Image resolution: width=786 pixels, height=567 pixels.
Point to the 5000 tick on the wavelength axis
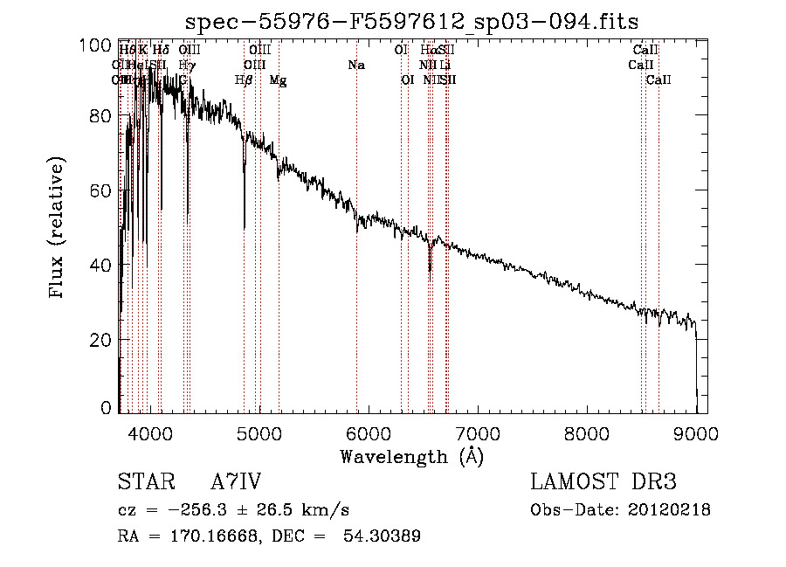point(259,432)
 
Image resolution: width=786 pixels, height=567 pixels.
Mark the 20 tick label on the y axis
point(103,340)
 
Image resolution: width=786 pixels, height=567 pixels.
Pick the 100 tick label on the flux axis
point(99,43)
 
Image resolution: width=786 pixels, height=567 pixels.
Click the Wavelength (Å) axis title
point(411,456)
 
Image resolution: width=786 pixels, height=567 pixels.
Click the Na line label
point(355,66)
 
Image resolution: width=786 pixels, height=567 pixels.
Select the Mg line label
point(278,80)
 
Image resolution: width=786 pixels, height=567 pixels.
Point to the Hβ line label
point(244,80)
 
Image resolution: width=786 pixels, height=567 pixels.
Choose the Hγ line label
point(186,66)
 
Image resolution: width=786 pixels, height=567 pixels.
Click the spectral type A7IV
point(236,483)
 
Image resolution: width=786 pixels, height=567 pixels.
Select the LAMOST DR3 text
point(603,483)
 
